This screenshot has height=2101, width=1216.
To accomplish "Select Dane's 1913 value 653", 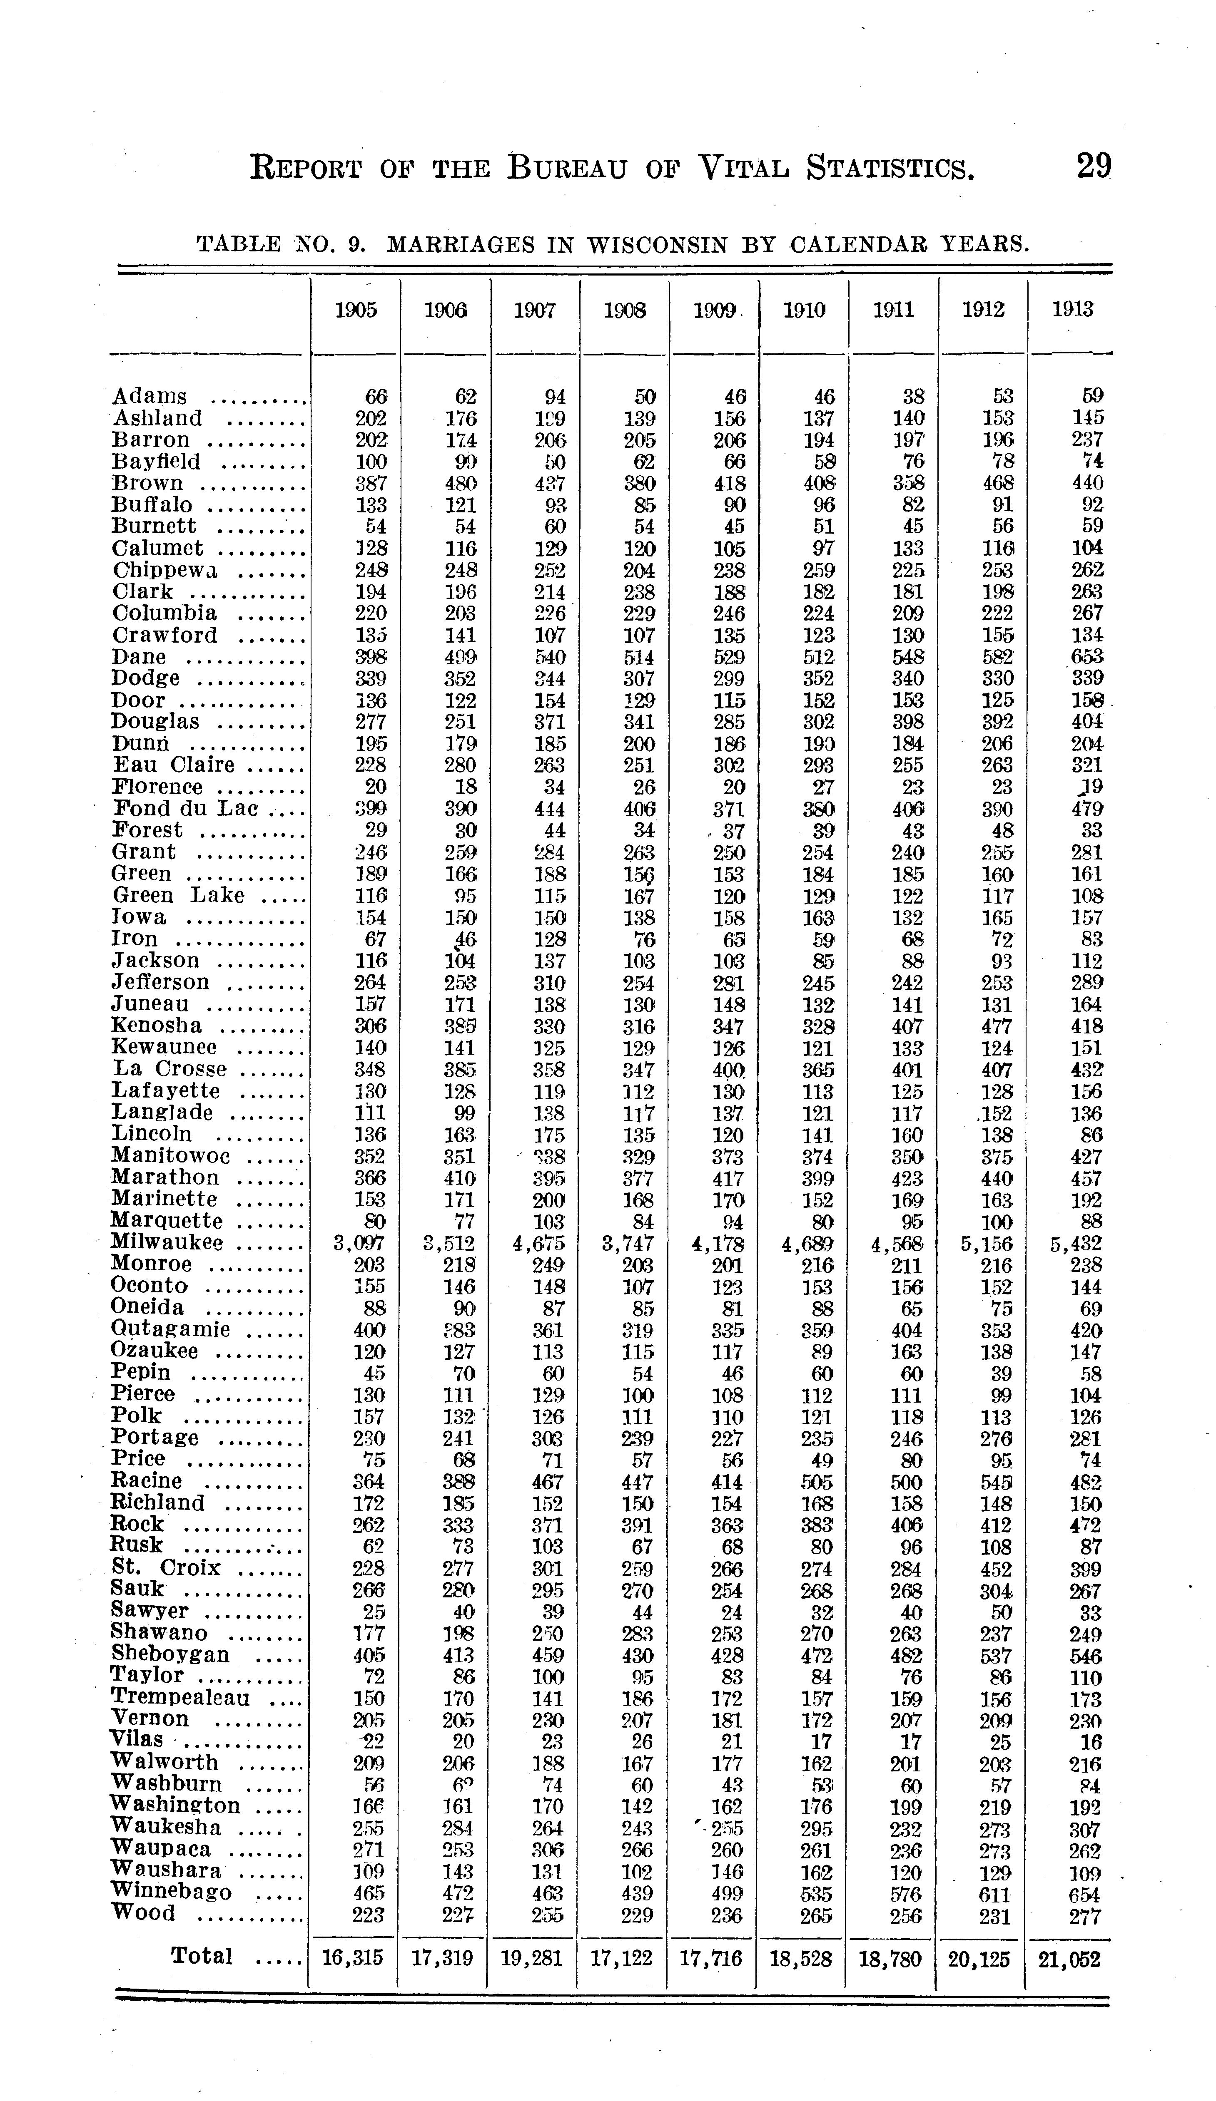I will pyautogui.click(x=1087, y=657).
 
